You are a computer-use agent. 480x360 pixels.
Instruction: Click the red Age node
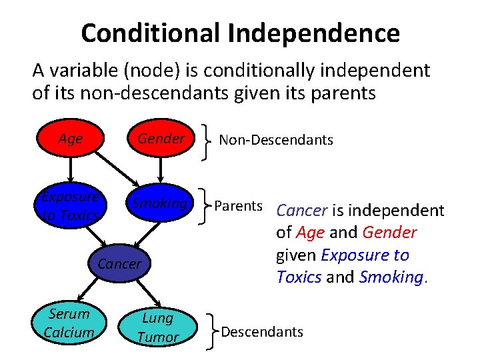tap(70, 139)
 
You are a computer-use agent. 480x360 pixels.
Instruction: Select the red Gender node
tap(161, 139)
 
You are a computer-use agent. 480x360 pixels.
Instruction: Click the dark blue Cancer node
tap(119, 263)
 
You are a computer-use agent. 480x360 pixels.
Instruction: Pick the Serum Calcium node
tap(68, 323)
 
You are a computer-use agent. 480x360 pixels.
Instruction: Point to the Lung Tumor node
tap(157, 327)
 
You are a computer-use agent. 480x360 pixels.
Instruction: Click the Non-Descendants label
tap(276, 140)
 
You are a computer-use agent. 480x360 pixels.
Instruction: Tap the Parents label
tap(238, 205)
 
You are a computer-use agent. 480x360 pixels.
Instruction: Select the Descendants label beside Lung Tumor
tap(262, 331)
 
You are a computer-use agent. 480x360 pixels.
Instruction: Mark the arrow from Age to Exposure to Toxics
tap(70, 169)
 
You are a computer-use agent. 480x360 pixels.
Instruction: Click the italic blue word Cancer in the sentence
tap(301, 211)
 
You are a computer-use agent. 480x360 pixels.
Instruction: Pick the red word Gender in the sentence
tap(390, 233)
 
